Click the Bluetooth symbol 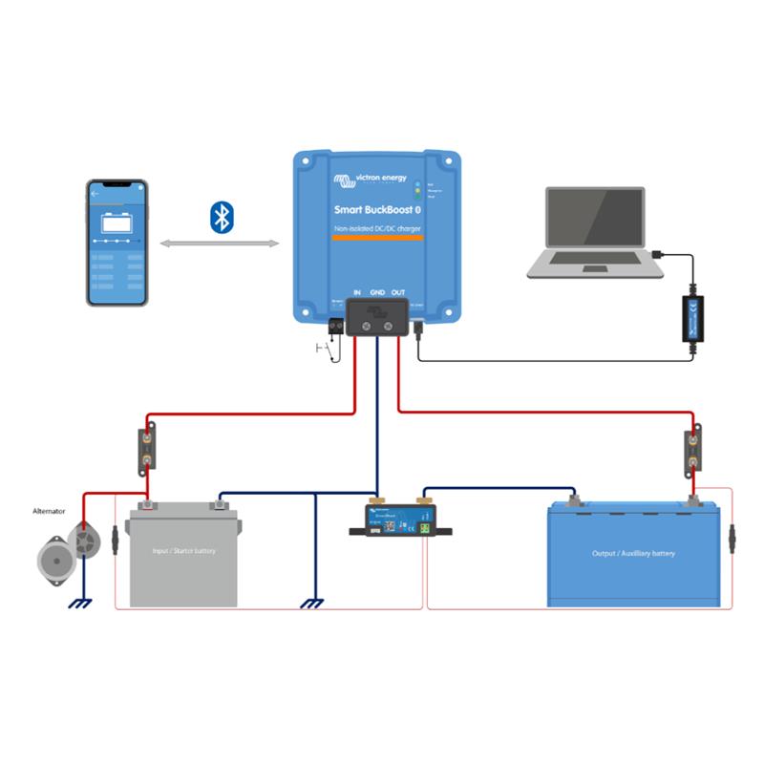[x=222, y=217]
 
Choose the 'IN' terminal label [x=356, y=291]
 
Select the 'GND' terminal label [x=378, y=291]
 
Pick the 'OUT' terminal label [x=399, y=291]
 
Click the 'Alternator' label [x=50, y=512]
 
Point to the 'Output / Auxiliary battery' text [x=635, y=553]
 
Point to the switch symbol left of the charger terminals [x=327, y=352]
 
